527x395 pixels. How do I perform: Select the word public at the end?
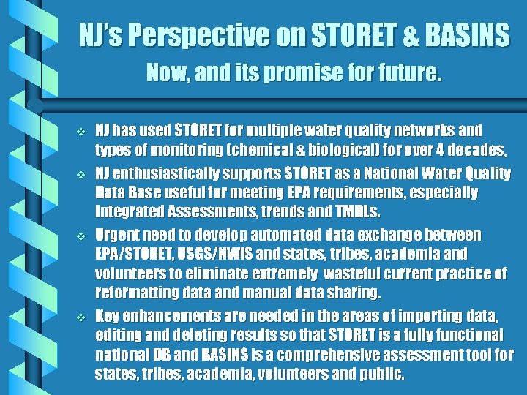coord(381,375)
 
